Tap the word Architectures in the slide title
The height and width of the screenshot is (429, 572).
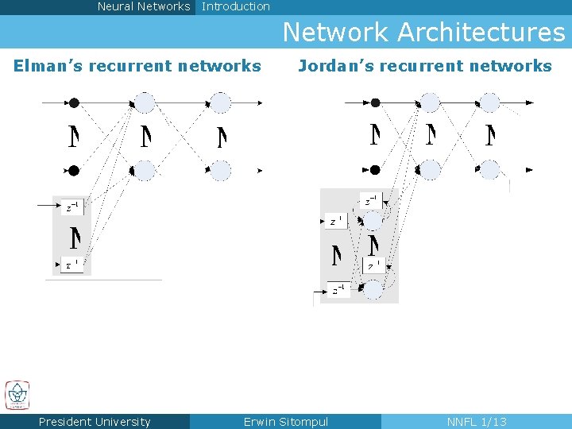click(481, 33)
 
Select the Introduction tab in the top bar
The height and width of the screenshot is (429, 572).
click(236, 6)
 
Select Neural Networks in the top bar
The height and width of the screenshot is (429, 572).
click(144, 6)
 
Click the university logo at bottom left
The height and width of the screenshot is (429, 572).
click(17, 395)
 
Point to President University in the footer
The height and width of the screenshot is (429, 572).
click(95, 422)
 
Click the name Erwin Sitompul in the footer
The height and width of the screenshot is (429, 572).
click(285, 422)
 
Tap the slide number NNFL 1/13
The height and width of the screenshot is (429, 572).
click(477, 422)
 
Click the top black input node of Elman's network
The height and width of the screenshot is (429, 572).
click(74, 102)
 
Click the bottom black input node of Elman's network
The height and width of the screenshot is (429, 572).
click(74, 170)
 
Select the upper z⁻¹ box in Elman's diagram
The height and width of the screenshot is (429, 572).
click(72, 207)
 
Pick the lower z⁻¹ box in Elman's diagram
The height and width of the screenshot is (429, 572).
click(72, 264)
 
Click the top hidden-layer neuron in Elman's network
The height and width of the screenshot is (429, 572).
click(144, 102)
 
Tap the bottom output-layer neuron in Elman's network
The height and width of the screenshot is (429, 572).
click(220, 170)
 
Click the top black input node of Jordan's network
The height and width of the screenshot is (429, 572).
click(376, 102)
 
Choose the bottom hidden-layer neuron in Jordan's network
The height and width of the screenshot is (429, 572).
click(430, 169)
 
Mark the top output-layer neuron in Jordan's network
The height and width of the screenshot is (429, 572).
click(489, 102)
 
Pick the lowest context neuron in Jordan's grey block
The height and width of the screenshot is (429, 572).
click(373, 290)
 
